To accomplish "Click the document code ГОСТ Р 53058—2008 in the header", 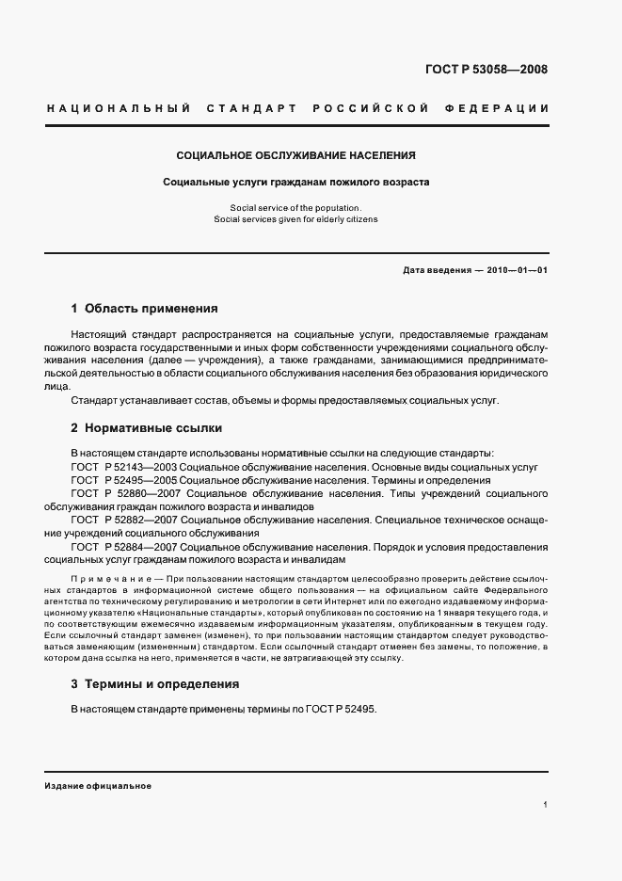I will point(486,69).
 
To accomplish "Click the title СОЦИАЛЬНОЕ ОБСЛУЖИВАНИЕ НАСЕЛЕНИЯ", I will point(296,154).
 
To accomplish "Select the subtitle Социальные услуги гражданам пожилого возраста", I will point(296,182).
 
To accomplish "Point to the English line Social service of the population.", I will point(295,207).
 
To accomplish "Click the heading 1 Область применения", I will point(145,308).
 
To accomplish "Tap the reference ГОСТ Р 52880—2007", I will point(126,493).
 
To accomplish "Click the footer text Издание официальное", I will point(98,785).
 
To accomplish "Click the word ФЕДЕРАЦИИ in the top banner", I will point(503,108).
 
